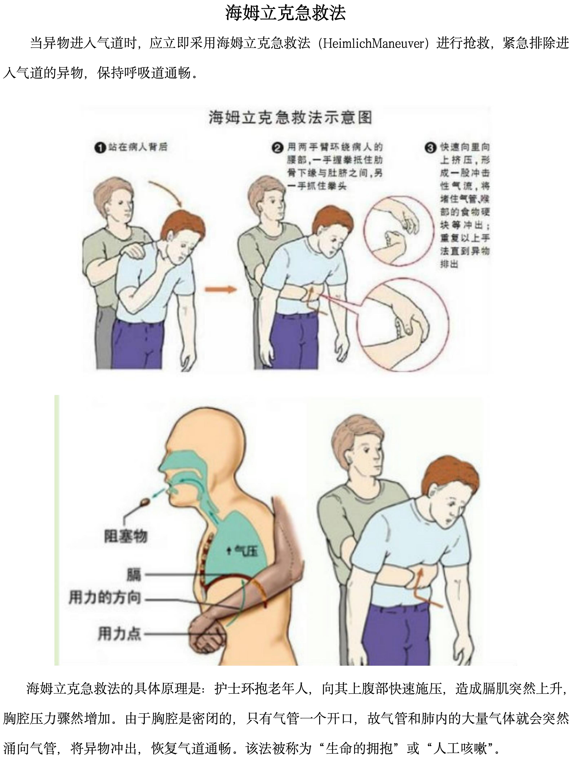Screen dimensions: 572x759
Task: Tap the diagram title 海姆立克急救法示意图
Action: pyautogui.click(x=290, y=118)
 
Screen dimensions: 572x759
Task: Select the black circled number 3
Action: pyautogui.click(x=430, y=148)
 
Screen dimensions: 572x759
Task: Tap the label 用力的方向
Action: pyautogui.click(x=105, y=597)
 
